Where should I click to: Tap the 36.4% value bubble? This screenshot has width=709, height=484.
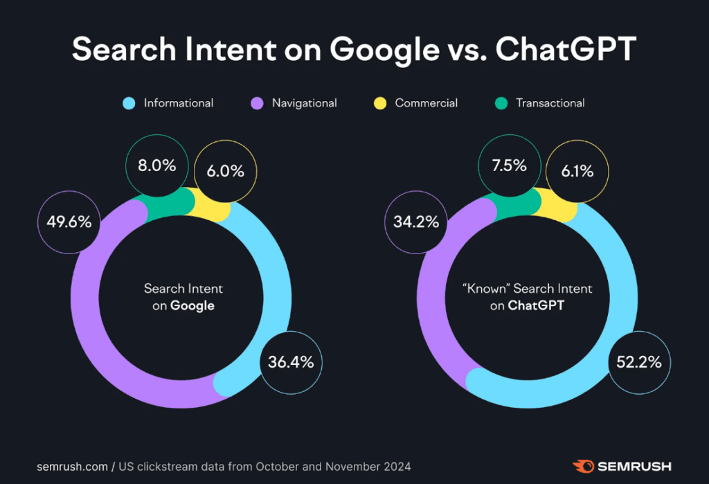(x=291, y=361)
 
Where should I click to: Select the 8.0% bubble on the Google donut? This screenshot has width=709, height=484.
(x=156, y=166)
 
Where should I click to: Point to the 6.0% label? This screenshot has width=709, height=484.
(x=225, y=171)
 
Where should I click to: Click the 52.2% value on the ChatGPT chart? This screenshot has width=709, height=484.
(x=639, y=361)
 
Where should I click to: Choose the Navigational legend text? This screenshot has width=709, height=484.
(x=304, y=103)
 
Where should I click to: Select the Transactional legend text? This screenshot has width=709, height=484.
(x=550, y=103)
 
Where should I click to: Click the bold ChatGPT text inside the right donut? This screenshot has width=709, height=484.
(x=536, y=305)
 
